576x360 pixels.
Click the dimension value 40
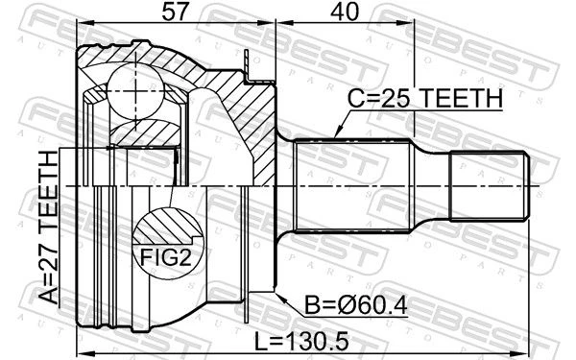tap(344, 12)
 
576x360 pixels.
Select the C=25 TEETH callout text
tap(425, 98)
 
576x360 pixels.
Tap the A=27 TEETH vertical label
tap(49, 228)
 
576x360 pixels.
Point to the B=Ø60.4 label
tap(356, 305)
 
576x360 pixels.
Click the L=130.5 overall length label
tap(301, 342)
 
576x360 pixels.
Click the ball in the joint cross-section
tap(136, 91)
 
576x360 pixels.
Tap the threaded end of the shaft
tap(490, 186)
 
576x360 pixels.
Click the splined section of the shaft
tap(353, 186)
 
